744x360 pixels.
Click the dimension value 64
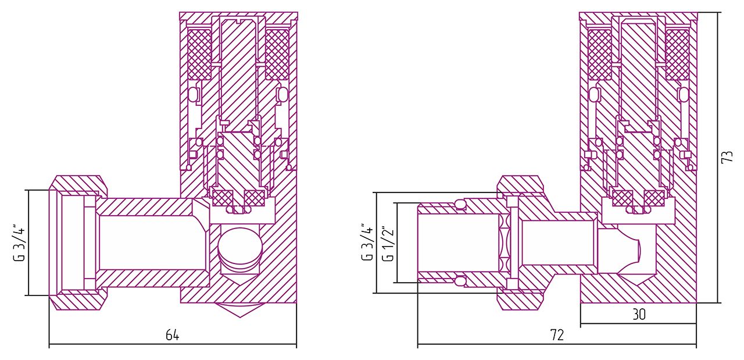(173, 335)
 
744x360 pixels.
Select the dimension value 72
(557, 335)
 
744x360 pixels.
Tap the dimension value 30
(638, 315)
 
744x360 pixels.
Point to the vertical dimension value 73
(727, 156)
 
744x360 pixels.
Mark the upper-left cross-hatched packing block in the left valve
(199, 54)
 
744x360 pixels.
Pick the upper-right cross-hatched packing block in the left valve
(277, 54)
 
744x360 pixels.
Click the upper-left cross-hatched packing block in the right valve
(599, 54)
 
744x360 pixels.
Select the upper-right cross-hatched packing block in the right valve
(677, 54)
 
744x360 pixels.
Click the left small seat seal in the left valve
(221, 198)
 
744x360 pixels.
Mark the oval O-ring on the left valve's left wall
(194, 94)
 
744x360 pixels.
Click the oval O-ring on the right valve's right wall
(683, 94)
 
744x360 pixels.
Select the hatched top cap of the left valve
(238, 16)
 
